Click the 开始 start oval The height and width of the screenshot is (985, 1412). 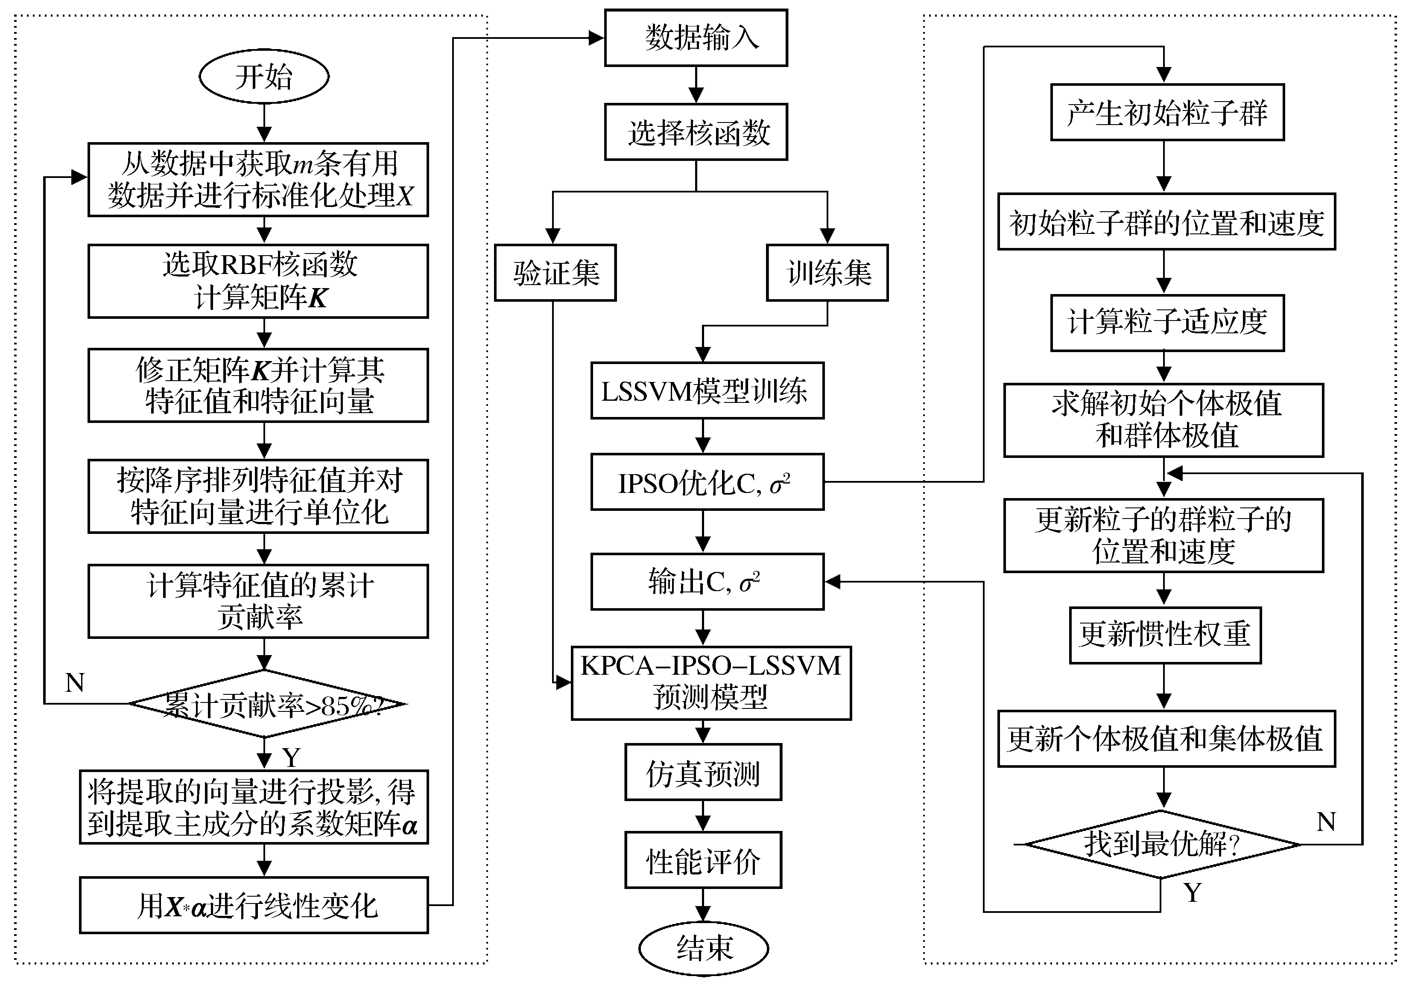coord(264,76)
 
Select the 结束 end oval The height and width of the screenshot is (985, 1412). coord(704,947)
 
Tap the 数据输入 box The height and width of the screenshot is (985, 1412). coord(696,38)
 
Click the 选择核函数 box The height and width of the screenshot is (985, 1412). coord(696,132)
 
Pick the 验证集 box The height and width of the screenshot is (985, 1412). coord(555,273)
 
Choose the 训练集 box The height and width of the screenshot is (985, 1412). coord(827,273)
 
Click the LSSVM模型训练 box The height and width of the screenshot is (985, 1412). coord(707,391)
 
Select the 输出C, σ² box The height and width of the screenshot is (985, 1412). coord(707,582)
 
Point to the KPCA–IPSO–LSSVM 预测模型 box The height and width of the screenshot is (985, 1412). coord(711,682)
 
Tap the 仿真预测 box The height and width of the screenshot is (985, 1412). coord(703,772)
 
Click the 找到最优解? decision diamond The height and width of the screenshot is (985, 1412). coord(1162,844)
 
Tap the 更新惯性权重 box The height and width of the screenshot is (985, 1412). coord(1165,635)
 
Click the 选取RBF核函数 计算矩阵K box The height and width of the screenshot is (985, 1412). coord(258,281)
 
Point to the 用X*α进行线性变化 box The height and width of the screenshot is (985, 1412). coord(254,905)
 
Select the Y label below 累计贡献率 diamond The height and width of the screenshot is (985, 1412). coord(291,758)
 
